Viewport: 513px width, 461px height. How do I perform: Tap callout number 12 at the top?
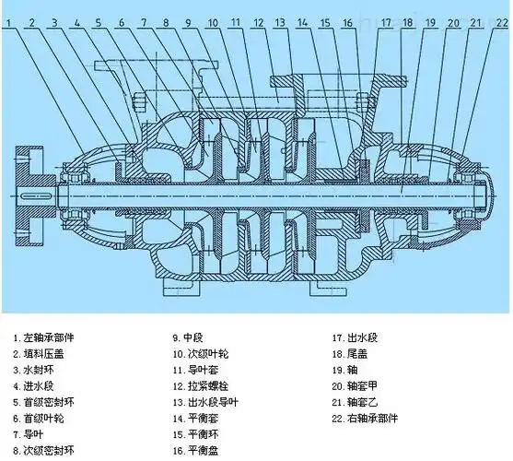tap(259, 19)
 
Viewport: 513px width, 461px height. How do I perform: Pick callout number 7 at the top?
tap(142, 19)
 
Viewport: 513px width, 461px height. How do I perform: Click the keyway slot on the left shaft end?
tap(34, 196)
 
